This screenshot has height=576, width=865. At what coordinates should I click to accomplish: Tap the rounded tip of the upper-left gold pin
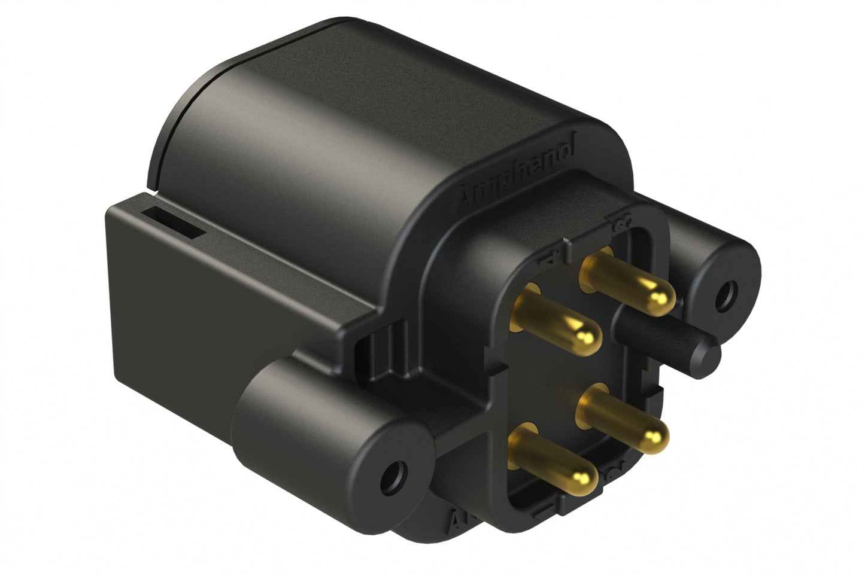click(585, 337)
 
